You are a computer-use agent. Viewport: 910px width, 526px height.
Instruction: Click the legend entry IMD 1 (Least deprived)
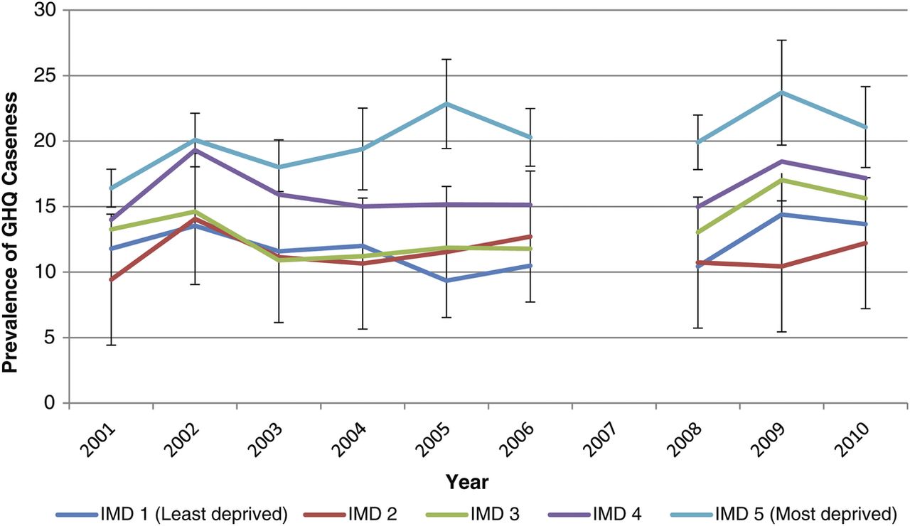172,514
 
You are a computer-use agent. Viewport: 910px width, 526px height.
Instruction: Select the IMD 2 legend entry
350,514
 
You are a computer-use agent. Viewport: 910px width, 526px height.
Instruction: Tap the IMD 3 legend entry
473,514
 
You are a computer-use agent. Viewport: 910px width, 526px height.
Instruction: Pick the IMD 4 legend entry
595,514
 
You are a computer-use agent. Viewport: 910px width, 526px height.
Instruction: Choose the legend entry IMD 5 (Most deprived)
783,514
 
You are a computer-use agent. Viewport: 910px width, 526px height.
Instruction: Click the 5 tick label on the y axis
50,338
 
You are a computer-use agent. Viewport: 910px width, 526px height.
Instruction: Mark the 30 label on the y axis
44,10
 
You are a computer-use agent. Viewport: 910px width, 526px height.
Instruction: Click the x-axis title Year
467,482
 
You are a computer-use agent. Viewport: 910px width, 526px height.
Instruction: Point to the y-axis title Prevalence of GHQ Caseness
10,232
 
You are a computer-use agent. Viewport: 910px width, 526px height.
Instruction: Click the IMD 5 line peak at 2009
781,92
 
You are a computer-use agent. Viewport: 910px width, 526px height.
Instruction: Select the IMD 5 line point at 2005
446,104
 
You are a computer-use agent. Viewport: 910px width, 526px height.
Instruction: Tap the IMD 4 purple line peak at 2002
196,150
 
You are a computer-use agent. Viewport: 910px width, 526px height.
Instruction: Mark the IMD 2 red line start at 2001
112,279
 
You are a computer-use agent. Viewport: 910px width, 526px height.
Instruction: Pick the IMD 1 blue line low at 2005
446,281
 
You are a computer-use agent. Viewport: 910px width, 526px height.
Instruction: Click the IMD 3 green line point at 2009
781,180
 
